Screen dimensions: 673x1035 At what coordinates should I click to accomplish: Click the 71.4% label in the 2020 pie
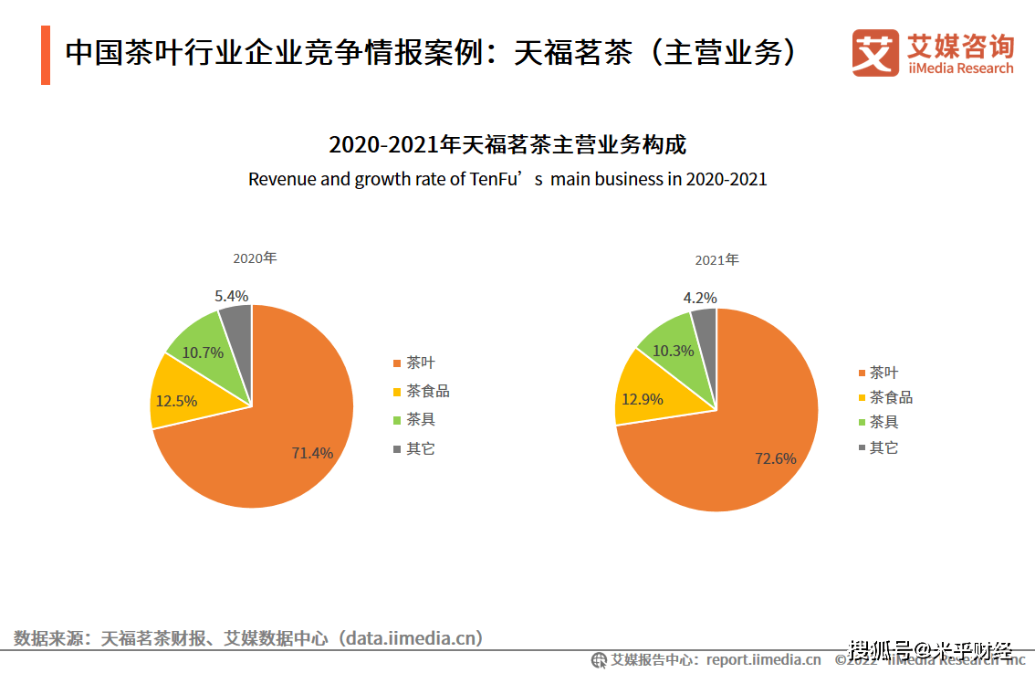pos(312,452)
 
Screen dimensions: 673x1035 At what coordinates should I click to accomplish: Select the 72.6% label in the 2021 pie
pos(776,457)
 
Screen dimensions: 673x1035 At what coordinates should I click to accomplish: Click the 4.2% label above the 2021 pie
pos(700,298)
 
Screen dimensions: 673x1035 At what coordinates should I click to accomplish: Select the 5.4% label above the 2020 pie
pos(231,296)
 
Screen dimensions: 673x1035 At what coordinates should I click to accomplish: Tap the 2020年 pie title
pos(254,258)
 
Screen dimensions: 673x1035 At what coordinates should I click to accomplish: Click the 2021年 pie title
pos(716,260)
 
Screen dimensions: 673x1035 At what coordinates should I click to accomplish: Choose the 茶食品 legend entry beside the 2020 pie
pos(427,392)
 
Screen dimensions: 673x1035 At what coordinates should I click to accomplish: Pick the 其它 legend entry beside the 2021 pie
pos(883,447)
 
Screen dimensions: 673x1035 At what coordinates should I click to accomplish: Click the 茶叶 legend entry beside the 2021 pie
pos(883,373)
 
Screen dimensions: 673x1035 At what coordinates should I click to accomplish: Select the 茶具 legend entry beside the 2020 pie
pos(421,420)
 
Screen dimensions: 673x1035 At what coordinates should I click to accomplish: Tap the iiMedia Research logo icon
pos(875,53)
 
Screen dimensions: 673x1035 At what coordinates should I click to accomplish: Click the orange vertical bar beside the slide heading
pos(45,55)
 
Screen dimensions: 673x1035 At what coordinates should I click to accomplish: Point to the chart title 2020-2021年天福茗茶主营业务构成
pos(507,144)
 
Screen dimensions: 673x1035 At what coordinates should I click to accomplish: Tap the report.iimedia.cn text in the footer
pos(763,659)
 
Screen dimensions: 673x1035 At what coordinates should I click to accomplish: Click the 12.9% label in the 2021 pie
pos(641,398)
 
